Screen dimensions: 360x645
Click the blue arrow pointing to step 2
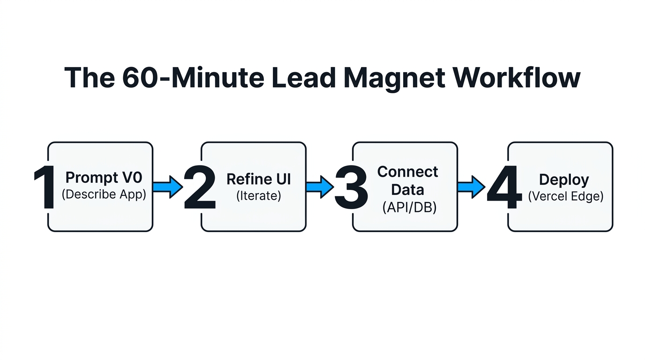pyautogui.click(x=168, y=187)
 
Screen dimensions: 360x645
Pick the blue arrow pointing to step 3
pyautogui.click(x=320, y=187)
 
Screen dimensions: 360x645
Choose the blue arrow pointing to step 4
pyautogui.click(x=472, y=187)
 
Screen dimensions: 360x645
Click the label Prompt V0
pyautogui.click(x=104, y=178)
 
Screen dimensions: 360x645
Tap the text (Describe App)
pyautogui.click(x=104, y=194)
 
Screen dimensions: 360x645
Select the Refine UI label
pyautogui.click(x=259, y=179)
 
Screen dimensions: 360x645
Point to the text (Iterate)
pyautogui.click(x=259, y=195)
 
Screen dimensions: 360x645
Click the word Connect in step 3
pyautogui.click(x=408, y=172)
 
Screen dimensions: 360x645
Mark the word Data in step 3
pyautogui.click(x=408, y=189)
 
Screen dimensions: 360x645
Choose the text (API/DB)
pyautogui.click(x=408, y=207)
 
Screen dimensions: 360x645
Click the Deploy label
pyautogui.click(x=564, y=180)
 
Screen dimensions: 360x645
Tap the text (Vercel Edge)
pyautogui.click(x=566, y=196)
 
